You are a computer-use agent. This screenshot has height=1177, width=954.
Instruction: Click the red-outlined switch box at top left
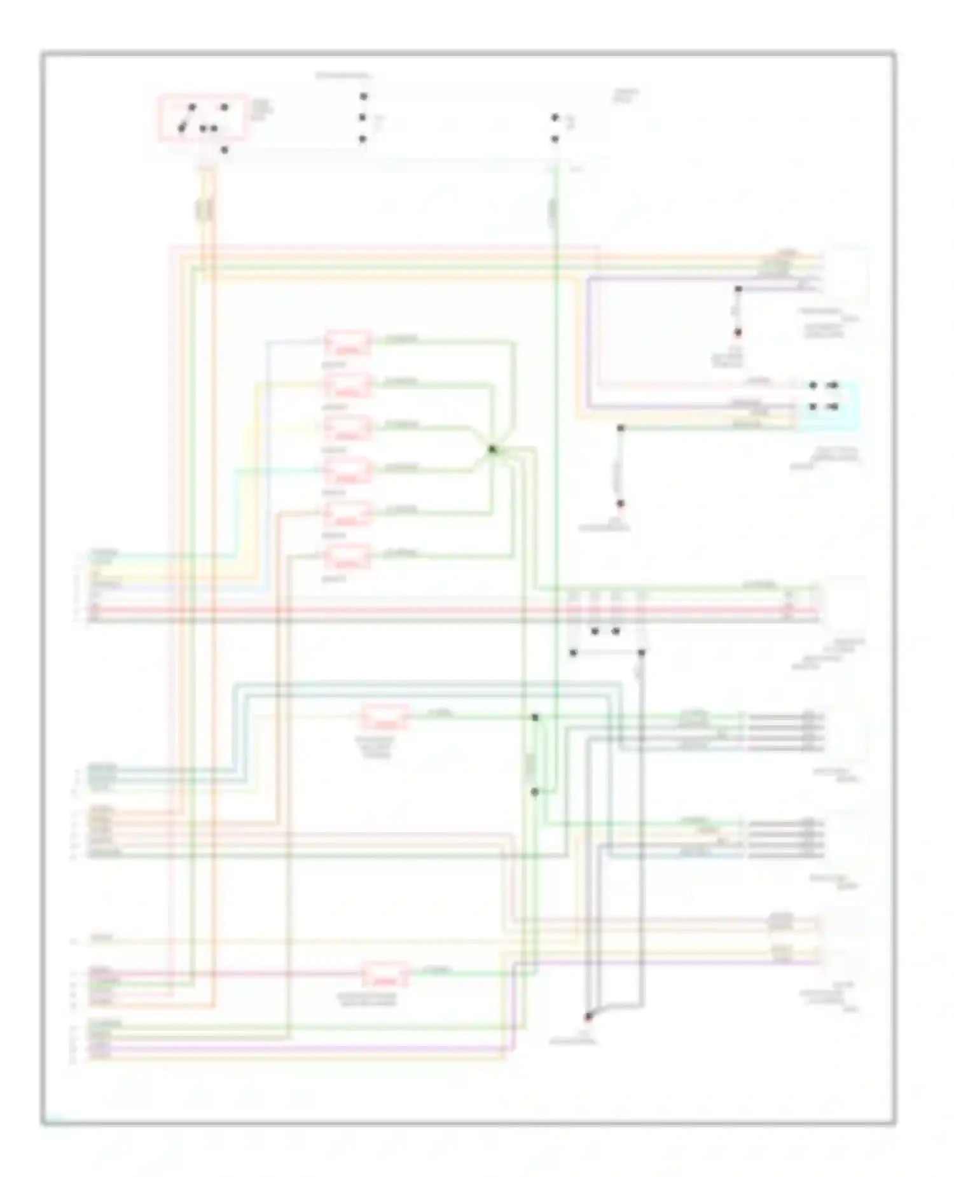tap(202, 118)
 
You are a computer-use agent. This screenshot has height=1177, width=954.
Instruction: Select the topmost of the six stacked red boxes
tap(348, 344)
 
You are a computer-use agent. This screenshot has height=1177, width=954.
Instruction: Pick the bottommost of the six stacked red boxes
tap(348, 557)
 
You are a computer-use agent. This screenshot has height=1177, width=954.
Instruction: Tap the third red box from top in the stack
tap(348, 429)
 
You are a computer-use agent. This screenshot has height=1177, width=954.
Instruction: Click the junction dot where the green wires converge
tap(492, 449)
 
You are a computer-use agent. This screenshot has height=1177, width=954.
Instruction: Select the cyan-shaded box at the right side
tap(826, 406)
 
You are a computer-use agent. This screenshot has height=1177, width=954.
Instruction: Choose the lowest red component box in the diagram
tap(385, 975)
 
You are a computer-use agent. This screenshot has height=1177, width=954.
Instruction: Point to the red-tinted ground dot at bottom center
tap(588, 1016)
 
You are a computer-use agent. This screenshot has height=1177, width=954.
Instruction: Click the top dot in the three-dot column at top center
tap(363, 97)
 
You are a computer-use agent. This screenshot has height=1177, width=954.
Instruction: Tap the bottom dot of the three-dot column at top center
tap(363, 139)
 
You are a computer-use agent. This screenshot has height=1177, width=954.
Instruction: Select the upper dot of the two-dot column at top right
tap(555, 118)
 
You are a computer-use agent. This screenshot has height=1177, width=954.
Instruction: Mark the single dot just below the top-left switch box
tap(224, 150)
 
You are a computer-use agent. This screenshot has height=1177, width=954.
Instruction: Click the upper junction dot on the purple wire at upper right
tap(738, 289)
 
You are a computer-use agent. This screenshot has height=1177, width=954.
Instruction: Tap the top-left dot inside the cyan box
tap(813, 386)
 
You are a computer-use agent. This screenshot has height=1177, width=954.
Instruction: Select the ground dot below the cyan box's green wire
tap(621, 503)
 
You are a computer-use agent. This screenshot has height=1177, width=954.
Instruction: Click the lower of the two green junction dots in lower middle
tap(535, 792)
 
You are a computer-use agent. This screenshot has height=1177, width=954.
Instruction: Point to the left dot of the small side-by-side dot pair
tap(595, 632)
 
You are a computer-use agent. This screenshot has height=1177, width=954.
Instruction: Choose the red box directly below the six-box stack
tap(385, 717)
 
